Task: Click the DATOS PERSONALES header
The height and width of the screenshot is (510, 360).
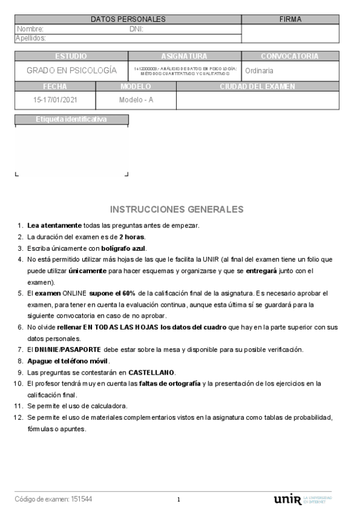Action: (127, 20)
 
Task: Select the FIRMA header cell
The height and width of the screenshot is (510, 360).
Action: (290, 20)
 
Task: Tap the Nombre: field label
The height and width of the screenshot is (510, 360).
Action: (30, 29)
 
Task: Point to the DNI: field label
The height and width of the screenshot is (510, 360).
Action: (136, 29)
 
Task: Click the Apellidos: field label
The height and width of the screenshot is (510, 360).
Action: (31, 38)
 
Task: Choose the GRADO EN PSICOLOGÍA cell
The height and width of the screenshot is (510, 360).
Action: (72, 70)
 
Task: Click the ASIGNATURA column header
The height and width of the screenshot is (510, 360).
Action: (185, 56)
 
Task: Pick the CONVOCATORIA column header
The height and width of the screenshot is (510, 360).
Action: (290, 56)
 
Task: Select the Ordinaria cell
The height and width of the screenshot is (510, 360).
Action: (260, 70)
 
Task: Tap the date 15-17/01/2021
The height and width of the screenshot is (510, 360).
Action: (55, 100)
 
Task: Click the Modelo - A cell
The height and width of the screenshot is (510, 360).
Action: (136, 100)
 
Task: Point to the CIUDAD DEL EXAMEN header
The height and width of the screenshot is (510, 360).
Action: (257, 87)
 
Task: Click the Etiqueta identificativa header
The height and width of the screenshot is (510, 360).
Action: (72, 119)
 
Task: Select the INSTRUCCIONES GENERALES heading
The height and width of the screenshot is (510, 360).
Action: (177, 209)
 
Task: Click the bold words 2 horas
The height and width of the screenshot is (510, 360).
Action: (132, 237)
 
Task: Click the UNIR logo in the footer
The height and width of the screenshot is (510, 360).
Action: (287, 499)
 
